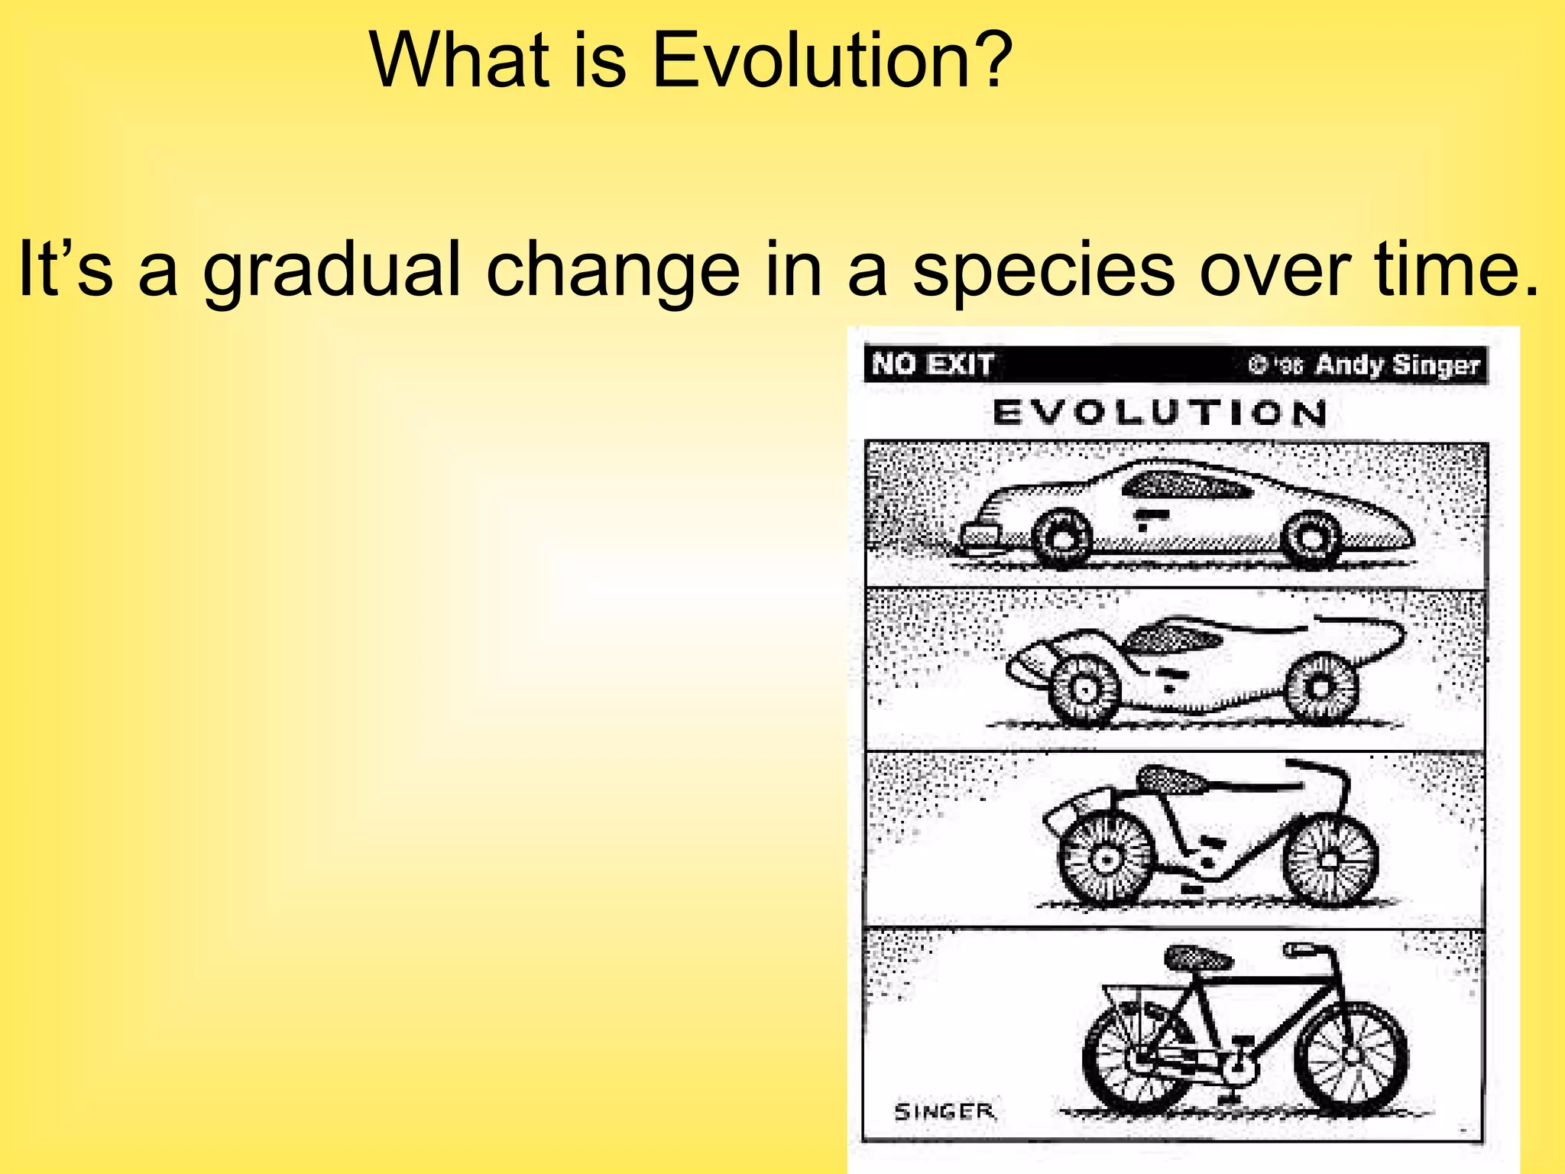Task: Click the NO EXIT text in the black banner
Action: [x=933, y=364]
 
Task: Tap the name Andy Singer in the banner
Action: [x=1398, y=365]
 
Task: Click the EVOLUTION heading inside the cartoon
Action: [x=1160, y=413]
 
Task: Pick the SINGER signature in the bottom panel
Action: [x=945, y=1111]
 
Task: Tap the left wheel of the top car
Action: [x=1061, y=538]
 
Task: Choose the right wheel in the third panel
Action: [x=1330, y=860]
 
